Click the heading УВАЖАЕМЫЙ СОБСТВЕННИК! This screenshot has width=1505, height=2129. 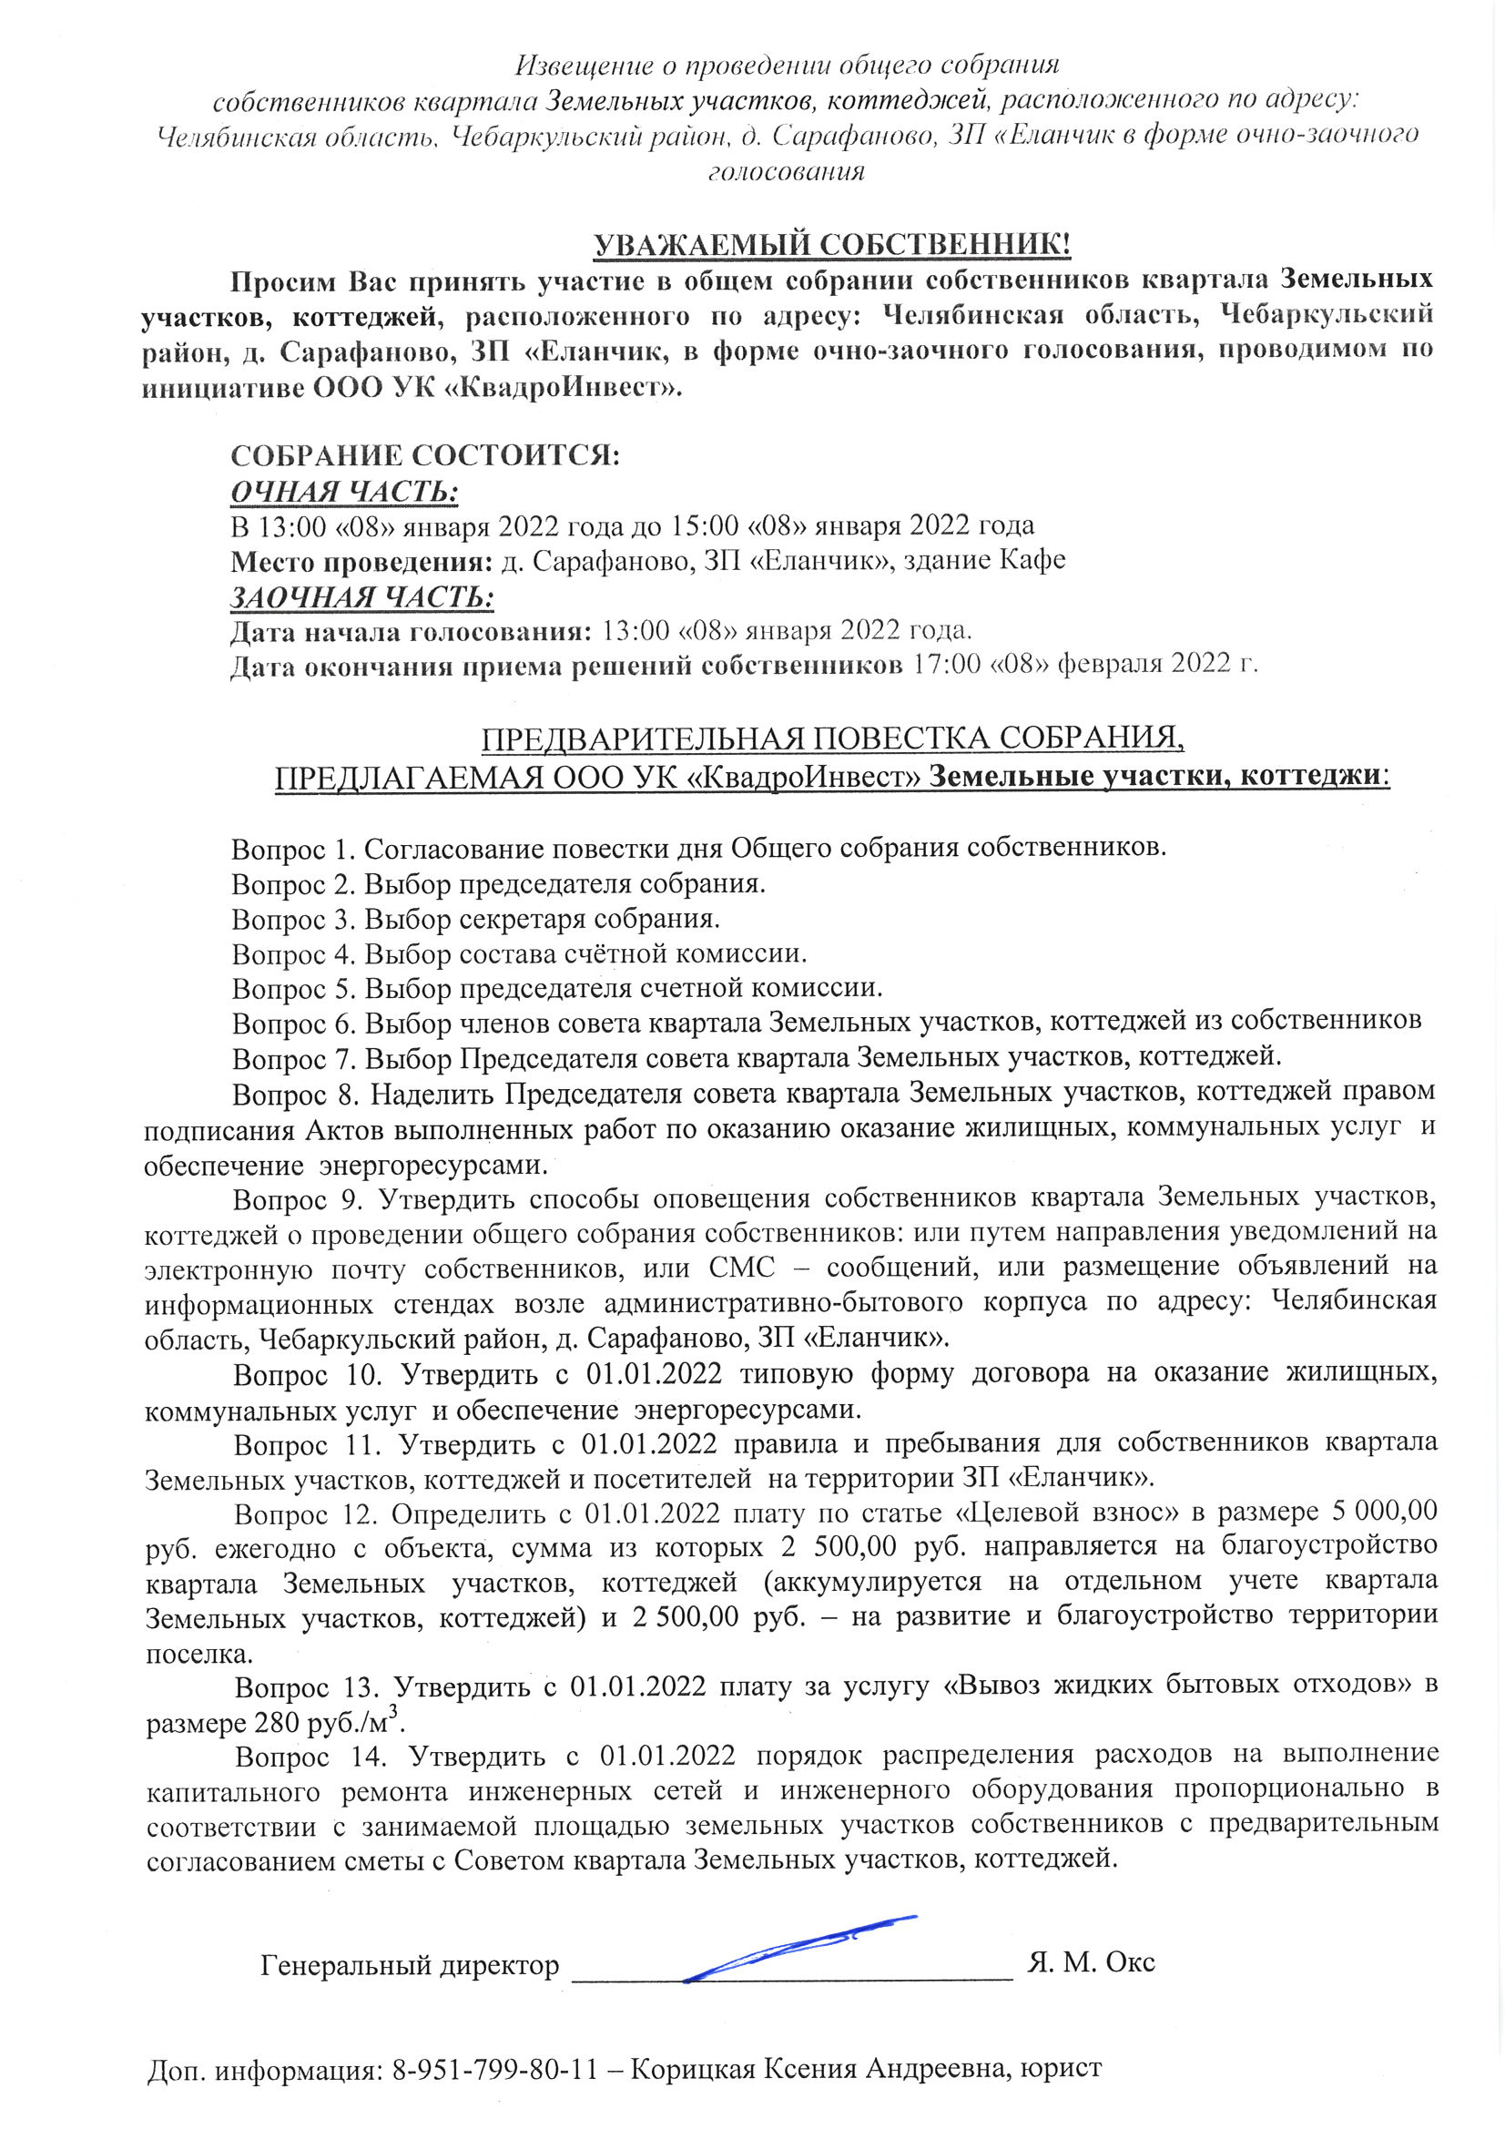point(832,246)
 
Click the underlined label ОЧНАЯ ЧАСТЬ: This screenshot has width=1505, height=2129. point(344,493)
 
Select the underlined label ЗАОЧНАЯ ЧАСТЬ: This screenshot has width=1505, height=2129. point(361,598)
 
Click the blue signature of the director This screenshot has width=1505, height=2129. point(798,1943)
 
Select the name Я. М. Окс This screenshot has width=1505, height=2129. point(1092,1963)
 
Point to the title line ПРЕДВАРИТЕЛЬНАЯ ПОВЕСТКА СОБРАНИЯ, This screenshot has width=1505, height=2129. point(833,739)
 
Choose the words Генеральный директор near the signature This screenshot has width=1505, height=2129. point(410,1965)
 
